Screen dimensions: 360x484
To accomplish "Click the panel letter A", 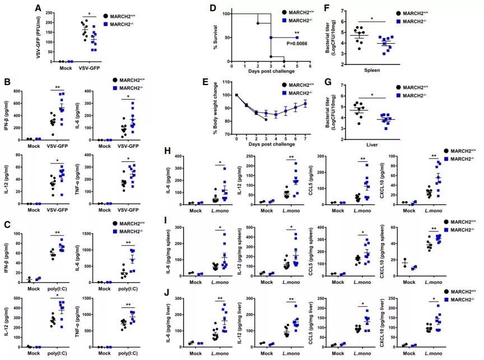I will pyautogui.click(x=38, y=8).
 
